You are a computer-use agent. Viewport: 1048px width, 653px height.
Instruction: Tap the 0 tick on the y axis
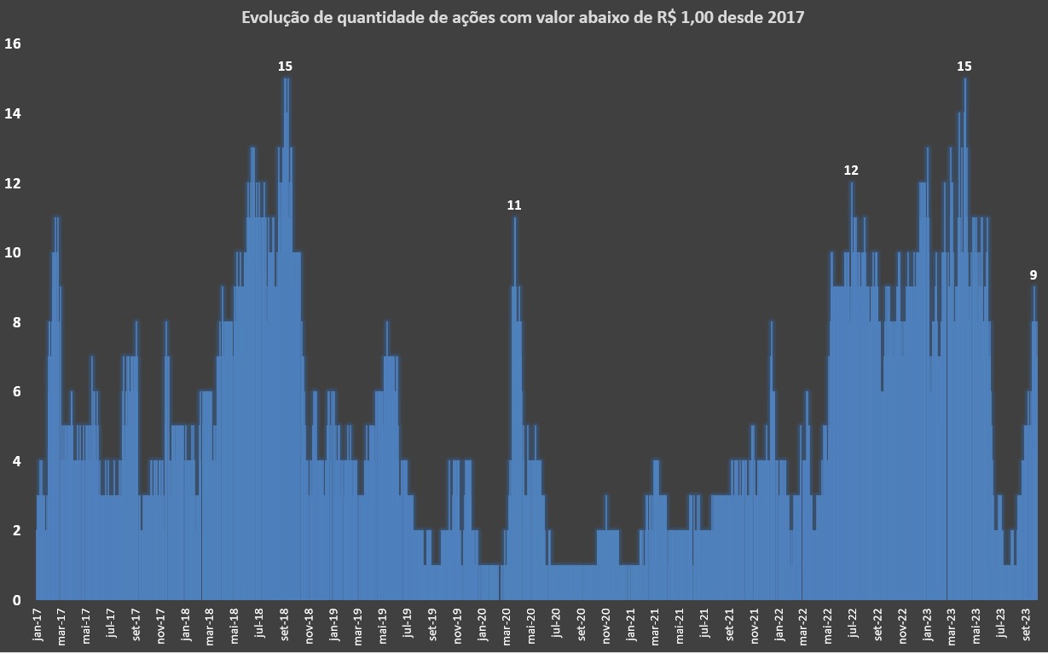[x=15, y=601]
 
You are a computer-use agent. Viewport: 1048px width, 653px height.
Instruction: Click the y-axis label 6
[x=15, y=392]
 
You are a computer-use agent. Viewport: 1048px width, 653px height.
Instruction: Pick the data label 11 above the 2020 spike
[x=514, y=205]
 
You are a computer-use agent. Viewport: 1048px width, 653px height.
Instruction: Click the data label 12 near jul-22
[x=851, y=170]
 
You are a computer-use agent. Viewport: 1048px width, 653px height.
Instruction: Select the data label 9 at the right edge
[x=1034, y=275]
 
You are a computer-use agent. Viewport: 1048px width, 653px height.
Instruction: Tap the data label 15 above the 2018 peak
[x=286, y=66]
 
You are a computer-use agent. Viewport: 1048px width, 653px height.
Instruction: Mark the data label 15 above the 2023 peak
[x=964, y=66]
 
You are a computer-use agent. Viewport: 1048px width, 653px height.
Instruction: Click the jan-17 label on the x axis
[x=37, y=624]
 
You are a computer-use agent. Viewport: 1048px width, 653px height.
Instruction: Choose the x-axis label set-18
[x=285, y=624]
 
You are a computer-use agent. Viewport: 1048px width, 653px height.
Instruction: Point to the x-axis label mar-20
[x=507, y=624]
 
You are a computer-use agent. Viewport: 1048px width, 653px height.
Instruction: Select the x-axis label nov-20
[x=606, y=624]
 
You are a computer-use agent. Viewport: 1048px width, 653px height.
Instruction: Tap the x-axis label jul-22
[x=853, y=624]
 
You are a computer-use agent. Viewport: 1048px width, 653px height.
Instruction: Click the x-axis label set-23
[x=1027, y=624]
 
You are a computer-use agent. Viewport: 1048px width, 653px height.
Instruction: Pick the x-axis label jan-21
[x=631, y=624]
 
